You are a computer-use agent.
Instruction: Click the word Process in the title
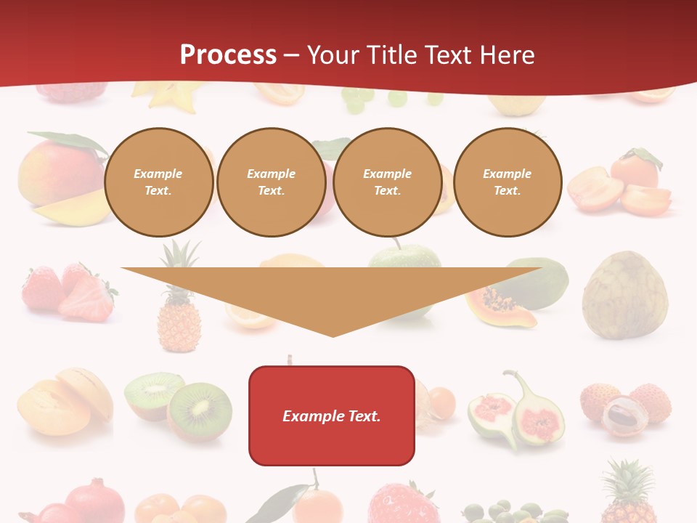click(x=228, y=55)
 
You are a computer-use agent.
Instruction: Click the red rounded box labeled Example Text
click(x=332, y=415)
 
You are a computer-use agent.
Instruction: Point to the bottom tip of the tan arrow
click(x=333, y=336)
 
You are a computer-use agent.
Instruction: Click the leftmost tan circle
click(x=159, y=182)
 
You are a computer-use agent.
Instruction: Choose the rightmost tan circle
click(x=508, y=182)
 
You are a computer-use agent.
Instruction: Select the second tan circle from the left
click(x=272, y=182)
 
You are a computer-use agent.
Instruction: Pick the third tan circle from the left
click(x=388, y=182)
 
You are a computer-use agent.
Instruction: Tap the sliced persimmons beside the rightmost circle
click(x=621, y=185)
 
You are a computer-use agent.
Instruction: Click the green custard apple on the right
click(x=624, y=294)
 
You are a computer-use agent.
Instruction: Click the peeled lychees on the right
click(x=624, y=407)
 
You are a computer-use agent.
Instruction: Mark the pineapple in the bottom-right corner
click(x=629, y=494)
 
